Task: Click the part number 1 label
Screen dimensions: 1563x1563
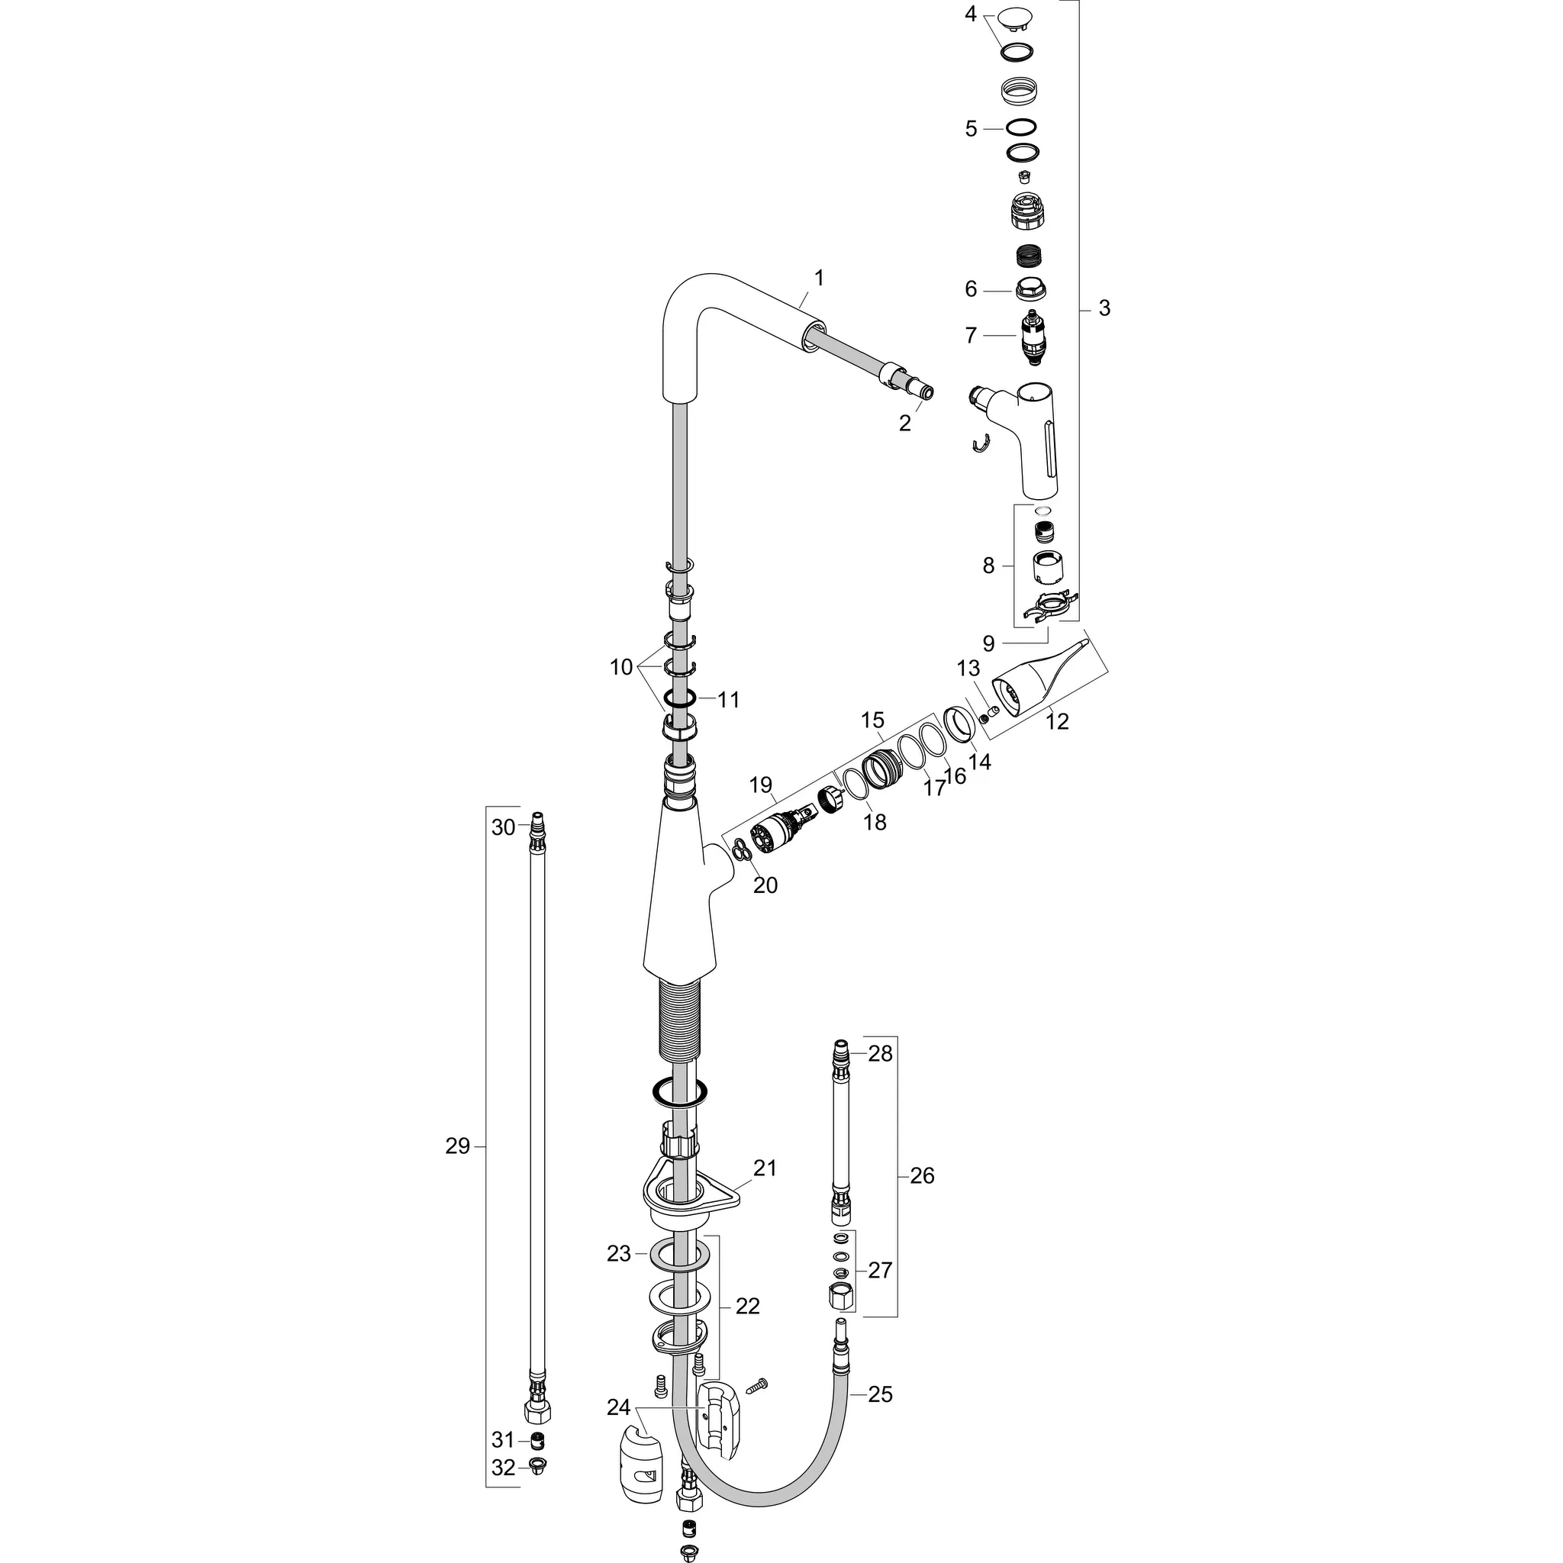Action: [819, 279]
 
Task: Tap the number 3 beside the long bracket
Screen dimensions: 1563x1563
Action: [1104, 308]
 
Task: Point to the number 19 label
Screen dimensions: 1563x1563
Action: [760, 785]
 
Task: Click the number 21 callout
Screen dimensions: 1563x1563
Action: [765, 1168]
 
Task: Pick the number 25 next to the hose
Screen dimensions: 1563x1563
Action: [880, 1394]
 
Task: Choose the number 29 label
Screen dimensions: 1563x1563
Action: [457, 1146]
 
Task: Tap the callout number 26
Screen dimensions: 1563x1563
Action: [921, 1175]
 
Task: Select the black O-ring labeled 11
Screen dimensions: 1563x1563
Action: [682, 699]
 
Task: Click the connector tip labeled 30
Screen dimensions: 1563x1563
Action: [537, 827]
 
